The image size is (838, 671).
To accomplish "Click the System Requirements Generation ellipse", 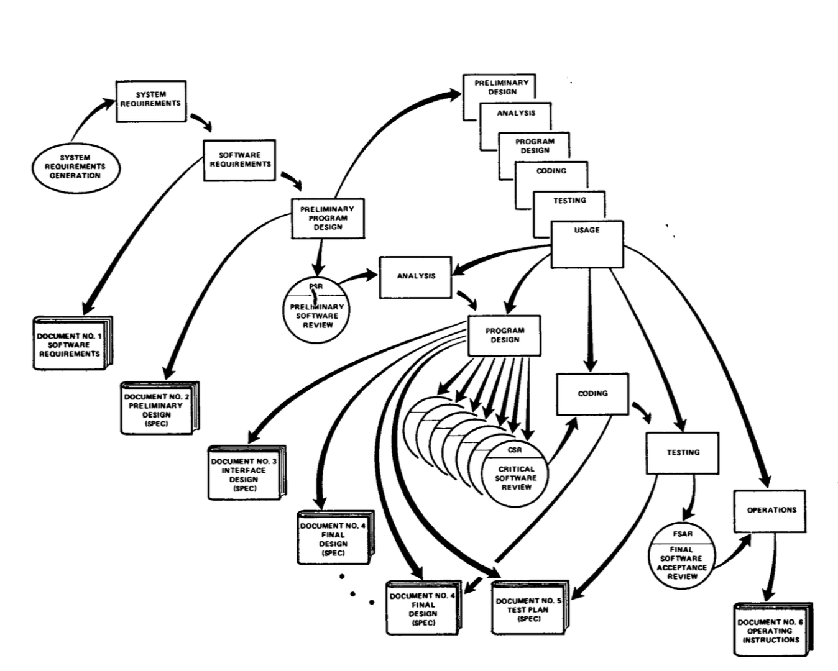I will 76,167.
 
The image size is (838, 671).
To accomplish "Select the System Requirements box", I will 150,100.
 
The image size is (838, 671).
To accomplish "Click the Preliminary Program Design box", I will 328,218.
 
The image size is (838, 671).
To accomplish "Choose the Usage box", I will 587,244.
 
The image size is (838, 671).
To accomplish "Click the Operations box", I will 771,511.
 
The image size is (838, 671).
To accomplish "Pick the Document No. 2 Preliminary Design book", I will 159,408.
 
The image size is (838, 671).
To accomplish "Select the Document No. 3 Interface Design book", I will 246,472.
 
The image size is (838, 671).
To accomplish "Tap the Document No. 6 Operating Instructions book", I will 772,629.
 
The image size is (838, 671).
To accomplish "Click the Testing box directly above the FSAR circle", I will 683,453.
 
